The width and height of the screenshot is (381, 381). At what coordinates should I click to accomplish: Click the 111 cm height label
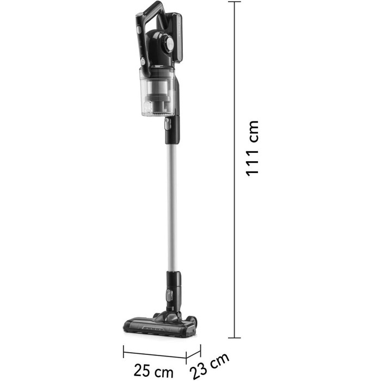click(x=253, y=148)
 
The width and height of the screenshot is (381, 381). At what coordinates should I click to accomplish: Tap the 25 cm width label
click(x=153, y=370)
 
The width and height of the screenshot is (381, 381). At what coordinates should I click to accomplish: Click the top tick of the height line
click(x=235, y=2)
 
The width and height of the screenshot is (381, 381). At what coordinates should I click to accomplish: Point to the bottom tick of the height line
click(x=235, y=338)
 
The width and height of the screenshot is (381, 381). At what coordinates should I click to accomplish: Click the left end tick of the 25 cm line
click(x=124, y=352)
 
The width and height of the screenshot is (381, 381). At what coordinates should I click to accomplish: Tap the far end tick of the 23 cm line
click(x=200, y=351)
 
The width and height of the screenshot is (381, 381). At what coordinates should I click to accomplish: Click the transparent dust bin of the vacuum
click(x=157, y=92)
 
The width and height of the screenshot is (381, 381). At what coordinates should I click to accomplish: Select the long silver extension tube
click(x=172, y=207)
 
